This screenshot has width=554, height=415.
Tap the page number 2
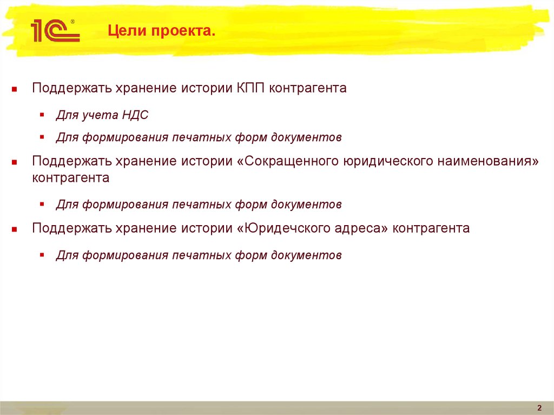[539, 408]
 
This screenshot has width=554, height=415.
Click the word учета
[97, 115]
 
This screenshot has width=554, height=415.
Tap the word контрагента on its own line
[70, 178]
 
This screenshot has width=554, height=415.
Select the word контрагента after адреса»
[431, 228]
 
